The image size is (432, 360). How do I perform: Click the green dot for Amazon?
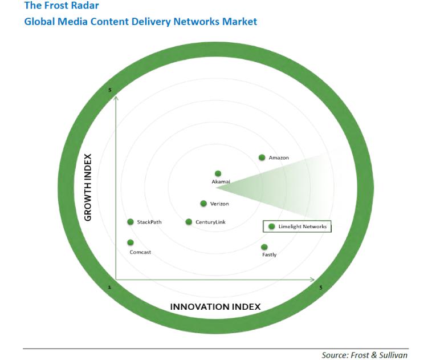(262, 157)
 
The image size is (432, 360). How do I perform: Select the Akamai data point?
(218, 173)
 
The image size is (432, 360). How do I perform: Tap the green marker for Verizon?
(203, 204)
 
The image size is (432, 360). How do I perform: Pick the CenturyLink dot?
(189, 222)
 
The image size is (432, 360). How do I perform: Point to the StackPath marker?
(131, 222)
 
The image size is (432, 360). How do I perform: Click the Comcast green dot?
(131, 242)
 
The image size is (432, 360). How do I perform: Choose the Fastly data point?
(264, 247)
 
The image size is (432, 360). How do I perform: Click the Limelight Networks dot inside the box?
(272, 226)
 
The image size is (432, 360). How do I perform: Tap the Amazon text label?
(279, 158)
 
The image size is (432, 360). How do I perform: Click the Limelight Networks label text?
(303, 226)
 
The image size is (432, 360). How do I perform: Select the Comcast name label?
(140, 252)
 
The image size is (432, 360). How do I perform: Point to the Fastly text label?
(270, 254)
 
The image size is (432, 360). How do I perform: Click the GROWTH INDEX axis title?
(88, 187)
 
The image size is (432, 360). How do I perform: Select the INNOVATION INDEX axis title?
(215, 307)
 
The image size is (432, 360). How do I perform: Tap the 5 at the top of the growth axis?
(109, 90)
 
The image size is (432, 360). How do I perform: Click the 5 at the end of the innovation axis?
(321, 288)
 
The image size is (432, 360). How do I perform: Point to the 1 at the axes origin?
(109, 287)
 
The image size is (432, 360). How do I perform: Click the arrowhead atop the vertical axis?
(116, 97)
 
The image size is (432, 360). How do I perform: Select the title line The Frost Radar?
(62, 5)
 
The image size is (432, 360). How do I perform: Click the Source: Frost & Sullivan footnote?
(364, 355)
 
